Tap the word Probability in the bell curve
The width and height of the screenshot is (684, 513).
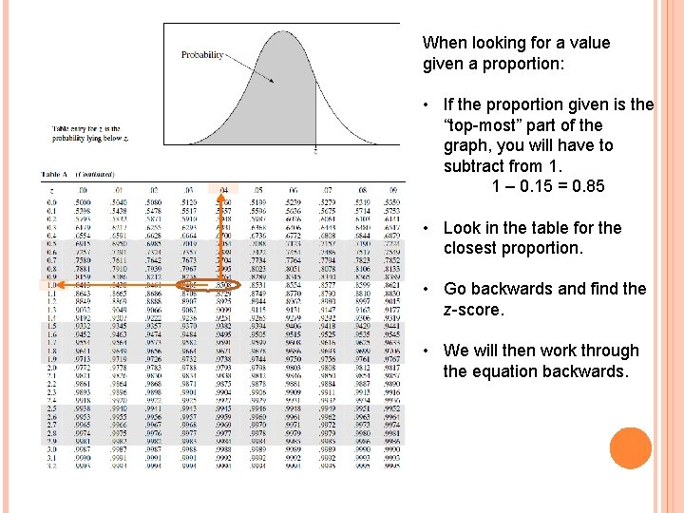[x=202, y=55]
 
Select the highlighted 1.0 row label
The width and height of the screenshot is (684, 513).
[x=50, y=284]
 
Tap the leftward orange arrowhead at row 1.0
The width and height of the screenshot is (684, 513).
[x=44, y=284]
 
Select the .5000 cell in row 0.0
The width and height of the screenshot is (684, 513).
[x=84, y=202]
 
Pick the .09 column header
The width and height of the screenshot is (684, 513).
[x=389, y=191]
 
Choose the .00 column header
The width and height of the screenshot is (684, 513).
[x=84, y=191]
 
